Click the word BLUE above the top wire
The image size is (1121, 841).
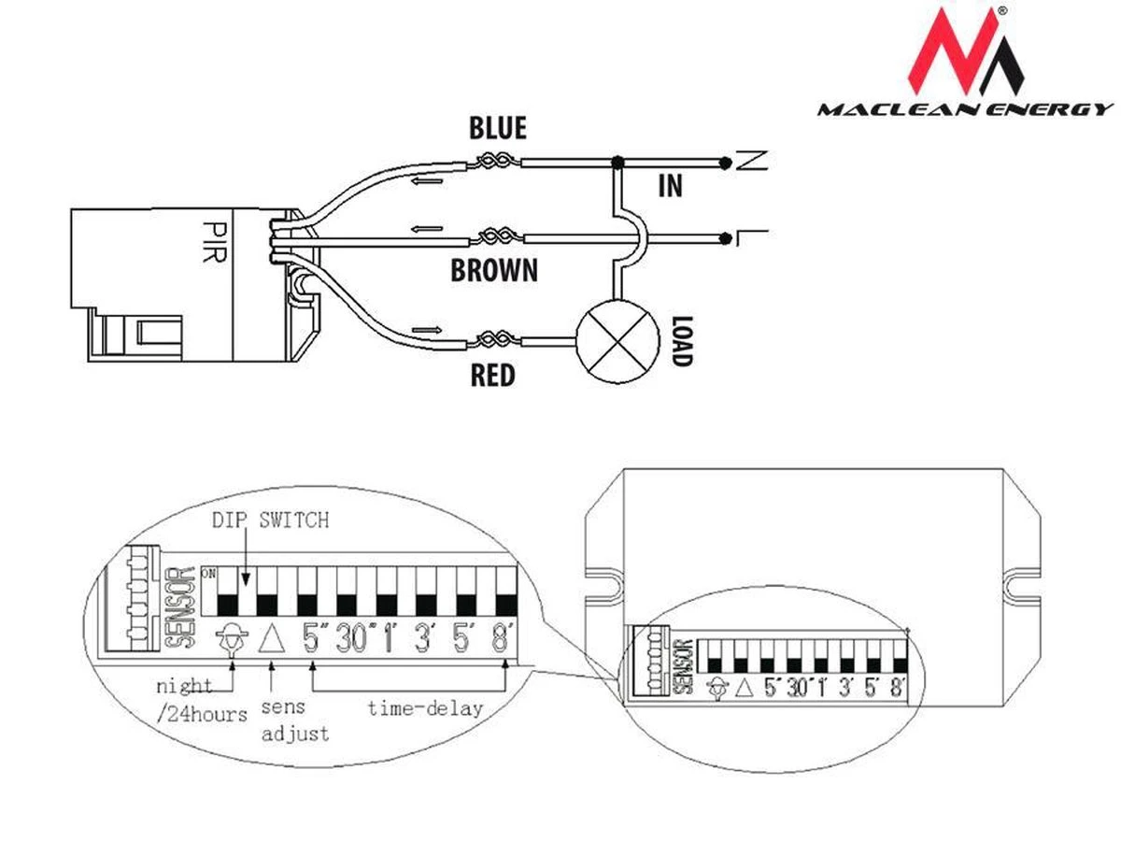[498, 127]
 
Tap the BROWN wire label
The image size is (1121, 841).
[494, 271]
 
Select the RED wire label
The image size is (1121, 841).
[492, 376]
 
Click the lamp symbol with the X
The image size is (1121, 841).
[616, 343]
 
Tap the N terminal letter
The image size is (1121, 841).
[747, 162]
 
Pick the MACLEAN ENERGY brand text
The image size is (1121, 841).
[965, 110]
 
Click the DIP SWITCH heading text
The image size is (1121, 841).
[270, 520]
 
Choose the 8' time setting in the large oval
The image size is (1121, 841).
[505, 640]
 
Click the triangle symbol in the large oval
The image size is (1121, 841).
[271, 639]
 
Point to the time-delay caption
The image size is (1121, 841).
[424, 707]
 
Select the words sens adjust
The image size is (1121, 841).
[294, 720]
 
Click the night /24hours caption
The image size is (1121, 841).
[201, 700]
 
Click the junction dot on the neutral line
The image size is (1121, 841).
[617, 162]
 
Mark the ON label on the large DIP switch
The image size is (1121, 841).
[207, 571]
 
